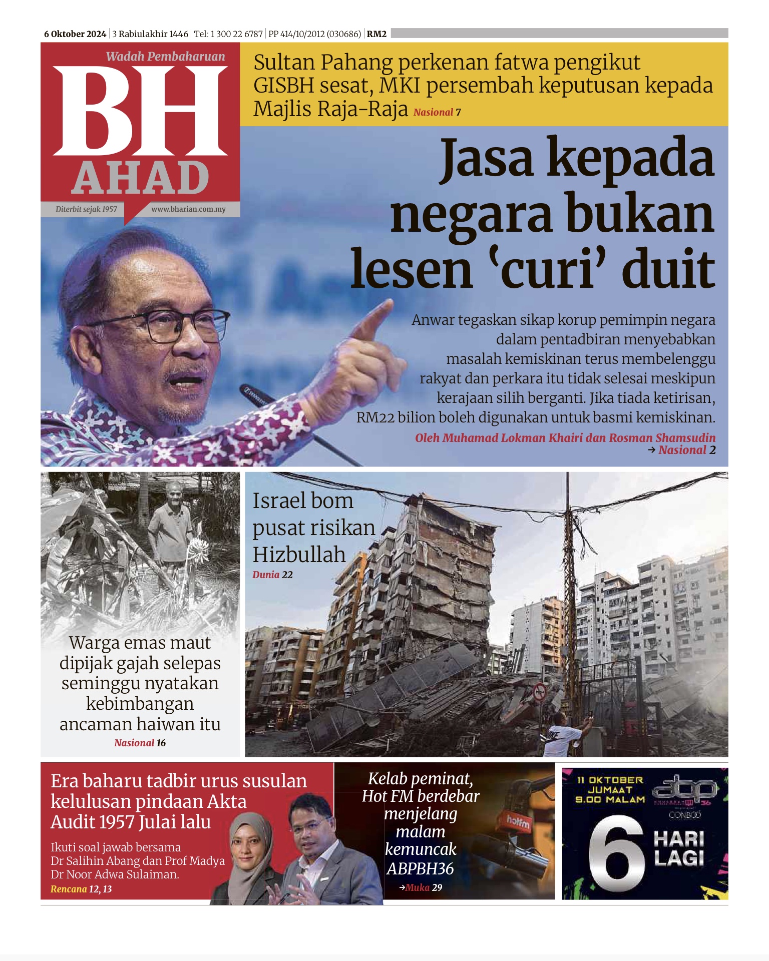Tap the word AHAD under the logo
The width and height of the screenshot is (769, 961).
tap(140, 178)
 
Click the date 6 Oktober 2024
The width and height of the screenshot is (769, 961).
tap(75, 34)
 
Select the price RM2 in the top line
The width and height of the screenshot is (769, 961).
tap(376, 34)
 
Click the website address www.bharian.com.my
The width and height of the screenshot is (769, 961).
tap(188, 209)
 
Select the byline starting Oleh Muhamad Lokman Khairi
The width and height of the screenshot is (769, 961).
tap(565, 438)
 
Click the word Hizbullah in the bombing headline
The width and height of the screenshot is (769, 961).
tap(299, 555)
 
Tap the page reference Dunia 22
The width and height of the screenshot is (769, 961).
tap(272, 575)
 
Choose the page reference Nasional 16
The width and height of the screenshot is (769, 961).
tap(140, 743)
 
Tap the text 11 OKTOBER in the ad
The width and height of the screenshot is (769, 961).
tap(609, 780)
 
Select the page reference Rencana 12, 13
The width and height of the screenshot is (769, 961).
tap(81, 889)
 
